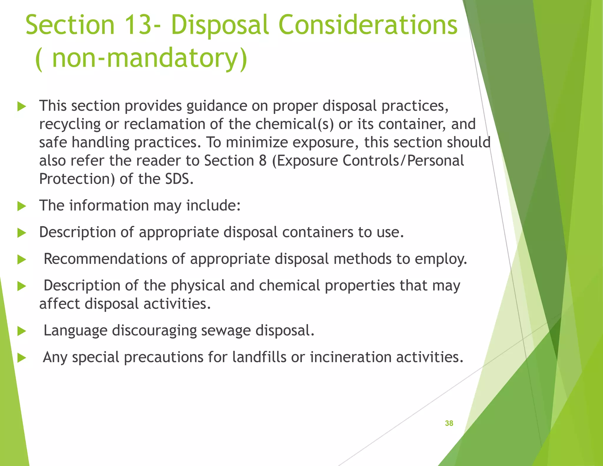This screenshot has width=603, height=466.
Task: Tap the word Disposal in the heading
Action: point(220,25)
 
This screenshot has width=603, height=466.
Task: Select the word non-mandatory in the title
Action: point(144,58)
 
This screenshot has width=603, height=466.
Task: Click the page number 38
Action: point(449,423)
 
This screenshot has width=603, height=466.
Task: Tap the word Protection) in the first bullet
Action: point(77,179)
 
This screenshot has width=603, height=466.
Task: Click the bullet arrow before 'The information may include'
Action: point(22,206)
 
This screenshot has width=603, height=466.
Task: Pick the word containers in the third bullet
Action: point(318,232)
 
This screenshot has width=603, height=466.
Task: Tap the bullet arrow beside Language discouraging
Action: point(22,331)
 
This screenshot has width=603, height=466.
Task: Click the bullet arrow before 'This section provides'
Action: point(22,106)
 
